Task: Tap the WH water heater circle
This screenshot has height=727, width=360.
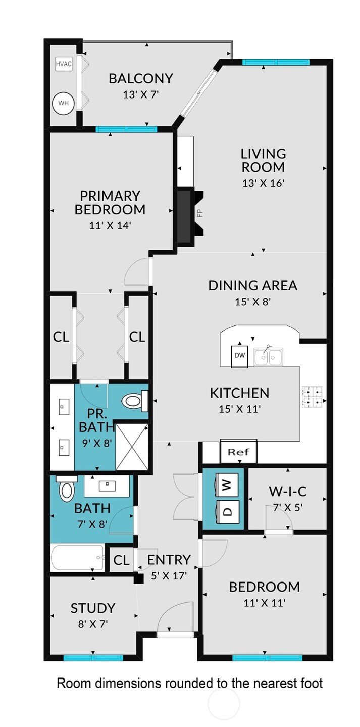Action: pyautogui.click(x=63, y=103)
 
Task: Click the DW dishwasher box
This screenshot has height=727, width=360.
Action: pyautogui.click(x=239, y=355)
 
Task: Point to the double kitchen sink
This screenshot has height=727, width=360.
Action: pyautogui.click(x=268, y=356)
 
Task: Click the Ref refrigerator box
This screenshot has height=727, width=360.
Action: pyautogui.click(x=239, y=451)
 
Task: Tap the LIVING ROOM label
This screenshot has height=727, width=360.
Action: pyautogui.click(x=263, y=160)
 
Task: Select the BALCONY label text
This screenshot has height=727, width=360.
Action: pyautogui.click(x=141, y=79)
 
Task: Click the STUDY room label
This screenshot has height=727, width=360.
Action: pyautogui.click(x=93, y=608)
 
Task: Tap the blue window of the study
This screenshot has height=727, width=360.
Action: pyautogui.click(x=93, y=657)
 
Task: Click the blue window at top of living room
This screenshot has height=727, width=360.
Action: pyautogui.click(x=275, y=62)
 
